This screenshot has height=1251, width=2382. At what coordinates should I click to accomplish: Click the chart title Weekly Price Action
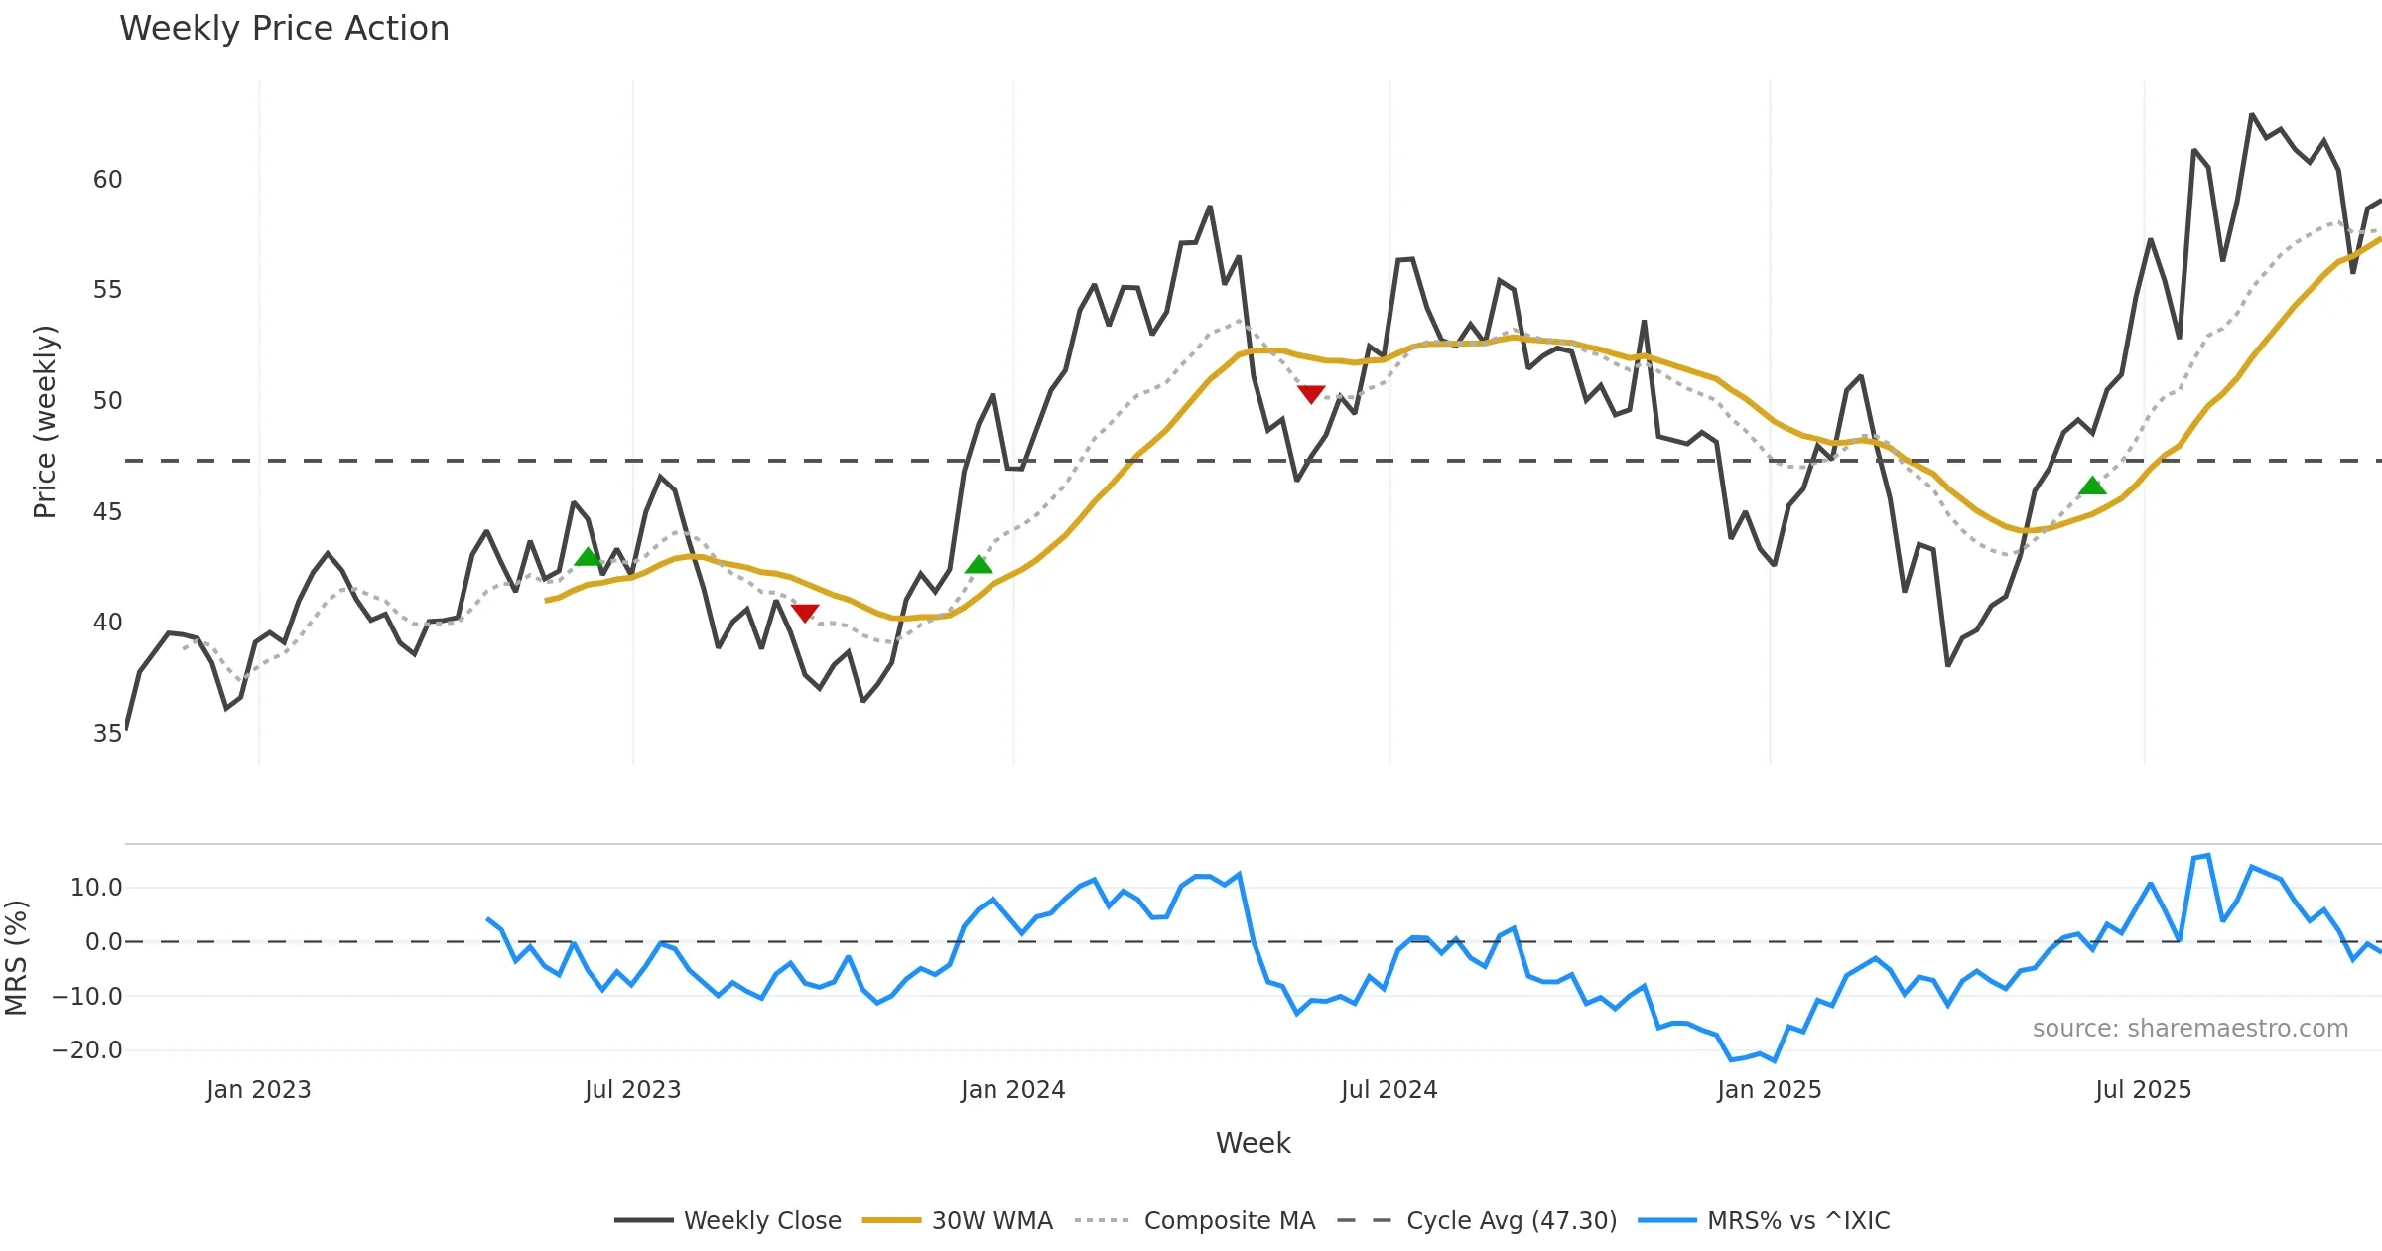284,29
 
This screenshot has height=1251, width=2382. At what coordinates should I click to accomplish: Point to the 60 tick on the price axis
107,180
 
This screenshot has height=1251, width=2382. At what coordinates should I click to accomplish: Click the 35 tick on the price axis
107,734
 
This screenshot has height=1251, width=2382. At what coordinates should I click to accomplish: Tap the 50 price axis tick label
107,401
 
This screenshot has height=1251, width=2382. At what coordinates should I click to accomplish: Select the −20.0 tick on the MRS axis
87,1050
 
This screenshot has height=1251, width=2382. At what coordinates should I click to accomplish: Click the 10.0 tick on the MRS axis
96,888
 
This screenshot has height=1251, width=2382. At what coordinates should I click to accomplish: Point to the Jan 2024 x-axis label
1012,1090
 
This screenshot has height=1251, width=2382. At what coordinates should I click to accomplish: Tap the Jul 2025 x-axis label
2143,1090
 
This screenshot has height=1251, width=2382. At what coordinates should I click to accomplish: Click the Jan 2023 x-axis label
258,1090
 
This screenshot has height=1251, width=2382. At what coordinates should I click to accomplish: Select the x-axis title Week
1253,1144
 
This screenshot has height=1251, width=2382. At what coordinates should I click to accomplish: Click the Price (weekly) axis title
45,422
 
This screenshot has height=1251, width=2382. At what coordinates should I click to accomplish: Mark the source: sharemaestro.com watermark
2189,1029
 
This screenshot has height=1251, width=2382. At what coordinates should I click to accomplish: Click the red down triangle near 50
1311,394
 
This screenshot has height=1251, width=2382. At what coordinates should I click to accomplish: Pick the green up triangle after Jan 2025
2092,486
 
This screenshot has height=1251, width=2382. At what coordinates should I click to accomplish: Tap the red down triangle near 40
805,613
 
